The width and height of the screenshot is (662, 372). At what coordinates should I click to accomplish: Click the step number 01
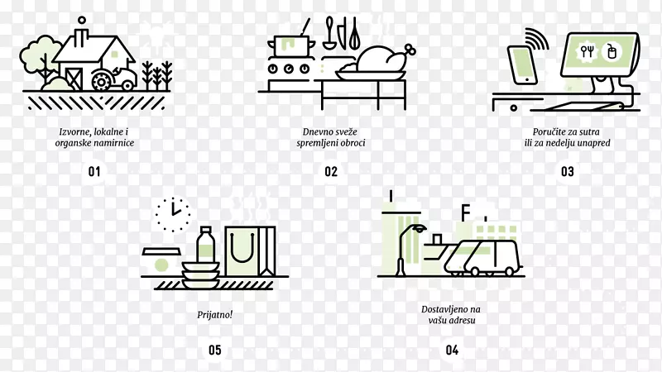[94, 172]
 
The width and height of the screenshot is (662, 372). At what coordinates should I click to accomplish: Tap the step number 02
[331, 172]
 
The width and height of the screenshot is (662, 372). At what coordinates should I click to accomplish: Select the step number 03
[568, 172]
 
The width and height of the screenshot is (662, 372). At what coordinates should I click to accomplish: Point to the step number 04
[452, 350]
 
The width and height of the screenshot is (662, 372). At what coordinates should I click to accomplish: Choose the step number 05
[215, 350]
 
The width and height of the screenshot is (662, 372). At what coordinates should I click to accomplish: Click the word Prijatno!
[214, 315]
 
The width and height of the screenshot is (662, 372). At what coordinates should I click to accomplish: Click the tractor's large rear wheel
[101, 81]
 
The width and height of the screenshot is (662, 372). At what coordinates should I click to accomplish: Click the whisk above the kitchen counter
[354, 33]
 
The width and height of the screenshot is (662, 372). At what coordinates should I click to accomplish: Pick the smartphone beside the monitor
[522, 65]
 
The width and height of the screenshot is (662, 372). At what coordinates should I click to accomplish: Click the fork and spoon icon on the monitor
[587, 51]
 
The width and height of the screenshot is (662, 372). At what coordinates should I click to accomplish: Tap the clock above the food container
[173, 215]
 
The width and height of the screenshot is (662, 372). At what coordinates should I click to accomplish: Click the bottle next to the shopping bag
[205, 245]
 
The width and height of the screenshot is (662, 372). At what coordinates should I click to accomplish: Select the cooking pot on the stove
[292, 45]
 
